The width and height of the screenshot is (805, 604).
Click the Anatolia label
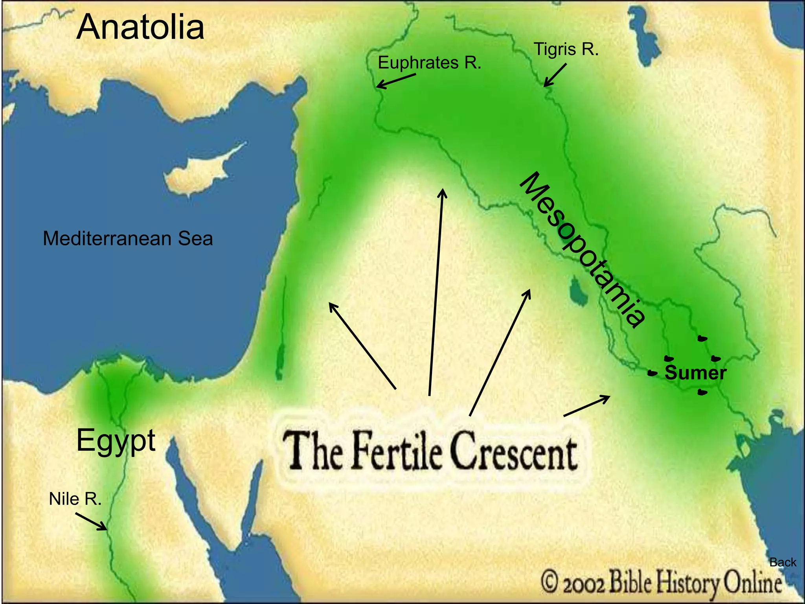(140, 27)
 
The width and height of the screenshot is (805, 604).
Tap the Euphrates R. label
(429, 63)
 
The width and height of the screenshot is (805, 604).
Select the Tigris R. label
(566, 50)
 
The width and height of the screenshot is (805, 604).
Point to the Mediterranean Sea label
(128, 238)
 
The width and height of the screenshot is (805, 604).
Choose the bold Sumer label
(695, 373)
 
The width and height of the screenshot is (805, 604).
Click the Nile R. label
(75, 499)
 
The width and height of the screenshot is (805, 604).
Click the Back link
(783, 562)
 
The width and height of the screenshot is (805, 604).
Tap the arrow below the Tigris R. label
(555, 75)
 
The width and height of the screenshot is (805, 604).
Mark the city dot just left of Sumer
(652, 373)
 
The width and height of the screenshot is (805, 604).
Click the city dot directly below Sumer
(702, 392)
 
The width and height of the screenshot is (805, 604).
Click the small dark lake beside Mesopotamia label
(577, 290)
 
